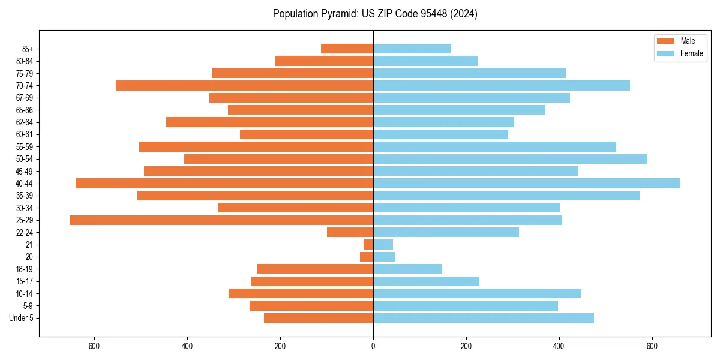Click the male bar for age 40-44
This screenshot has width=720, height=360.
(224, 184)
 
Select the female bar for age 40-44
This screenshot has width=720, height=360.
(527, 184)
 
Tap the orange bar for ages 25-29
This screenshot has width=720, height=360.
(221, 220)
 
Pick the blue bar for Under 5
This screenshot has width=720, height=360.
(484, 318)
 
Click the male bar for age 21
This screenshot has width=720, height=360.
(368, 245)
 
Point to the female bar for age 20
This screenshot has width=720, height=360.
(384, 257)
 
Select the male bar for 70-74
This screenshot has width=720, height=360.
(244, 86)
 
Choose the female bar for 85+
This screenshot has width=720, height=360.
(412, 49)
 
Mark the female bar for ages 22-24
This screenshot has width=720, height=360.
(446, 232)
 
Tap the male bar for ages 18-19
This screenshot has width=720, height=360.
(315, 269)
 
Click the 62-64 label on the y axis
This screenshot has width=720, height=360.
(25, 122)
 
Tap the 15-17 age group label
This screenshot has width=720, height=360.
(25, 281)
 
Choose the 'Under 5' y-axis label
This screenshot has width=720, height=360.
(22, 318)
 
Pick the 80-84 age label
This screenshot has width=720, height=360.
(25, 61)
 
